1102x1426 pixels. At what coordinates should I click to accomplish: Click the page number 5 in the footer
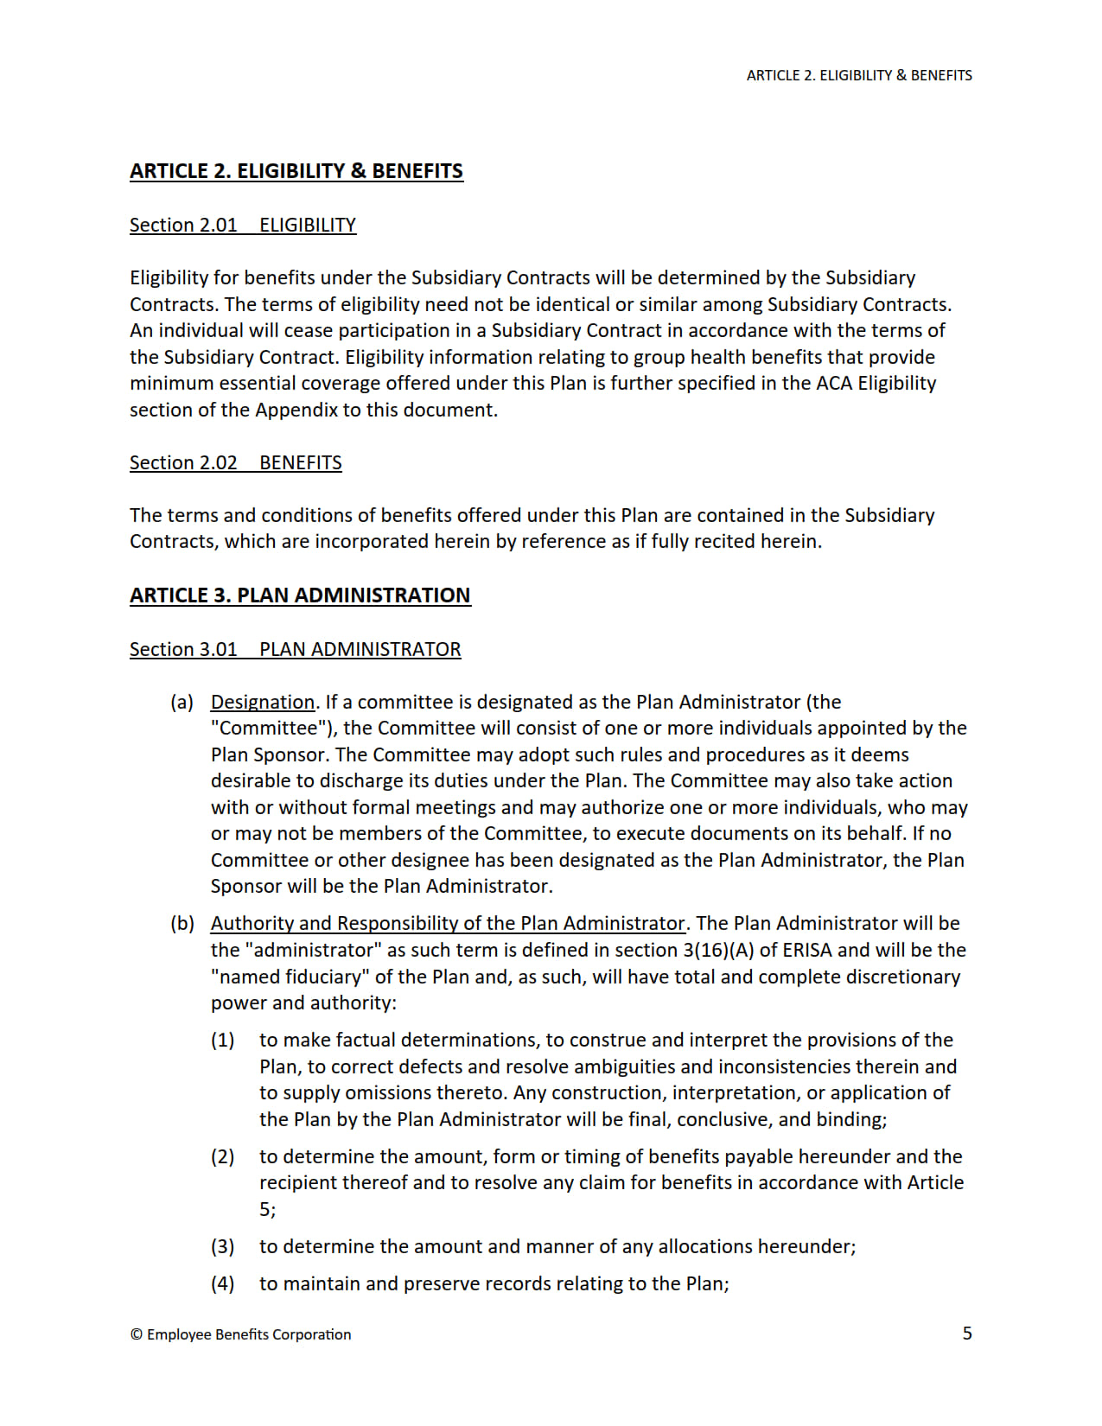(x=967, y=1333)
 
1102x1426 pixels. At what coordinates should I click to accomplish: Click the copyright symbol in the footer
(x=137, y=1334)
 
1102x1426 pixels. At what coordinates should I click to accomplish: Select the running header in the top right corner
(x=858, y=75)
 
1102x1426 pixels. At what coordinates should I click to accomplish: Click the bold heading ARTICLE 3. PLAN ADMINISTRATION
(x=300, y=595)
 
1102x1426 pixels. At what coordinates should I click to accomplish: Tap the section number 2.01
(x=218, y=225)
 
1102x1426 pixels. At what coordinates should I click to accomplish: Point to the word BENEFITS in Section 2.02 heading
(x=300, y=462)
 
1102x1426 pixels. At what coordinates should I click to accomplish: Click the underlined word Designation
(x=263, y=702)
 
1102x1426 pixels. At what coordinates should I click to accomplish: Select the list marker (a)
(x=182, y=702)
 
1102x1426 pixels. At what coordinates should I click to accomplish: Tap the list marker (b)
(x=182, y=923)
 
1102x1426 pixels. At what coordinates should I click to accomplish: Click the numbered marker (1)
(x=222, y=1040)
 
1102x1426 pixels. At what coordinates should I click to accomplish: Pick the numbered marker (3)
(x=222, y=1246)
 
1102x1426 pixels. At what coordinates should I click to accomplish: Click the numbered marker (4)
(x=222, y=1283)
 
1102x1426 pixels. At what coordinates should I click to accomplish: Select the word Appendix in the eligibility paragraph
(x=296, y=410)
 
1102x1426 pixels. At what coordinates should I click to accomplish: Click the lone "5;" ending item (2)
(x=267, y=1209)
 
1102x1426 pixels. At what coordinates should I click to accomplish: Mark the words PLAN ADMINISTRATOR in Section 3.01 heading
(x=360, y=649)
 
